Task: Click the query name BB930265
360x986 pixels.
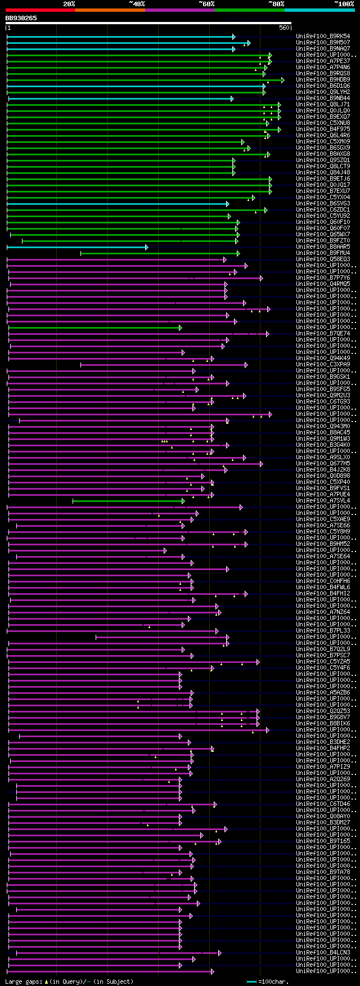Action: click(x=21, y=18)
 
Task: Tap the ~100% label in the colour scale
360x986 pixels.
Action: click(x=344, y=4)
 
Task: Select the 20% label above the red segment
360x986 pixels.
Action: click(x=69, y=4)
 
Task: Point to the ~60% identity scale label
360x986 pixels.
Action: click(x=206, y=4)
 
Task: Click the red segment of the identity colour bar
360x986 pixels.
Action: click(x=40, y=10)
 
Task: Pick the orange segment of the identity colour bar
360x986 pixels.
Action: click(x=110, y=10)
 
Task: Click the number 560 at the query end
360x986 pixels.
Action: click(x=284, y=28)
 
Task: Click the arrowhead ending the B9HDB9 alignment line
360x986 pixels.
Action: click(x=283, y=80)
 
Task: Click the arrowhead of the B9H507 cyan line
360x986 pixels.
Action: click(x=249, y=43)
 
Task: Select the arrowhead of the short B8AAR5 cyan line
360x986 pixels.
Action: click(x=146, y=247)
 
